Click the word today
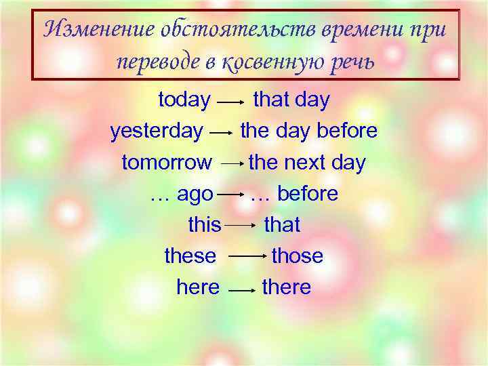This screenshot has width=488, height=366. (184, 100)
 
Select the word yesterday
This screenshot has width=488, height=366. (156, 131)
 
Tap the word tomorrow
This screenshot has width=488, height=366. (167, 163)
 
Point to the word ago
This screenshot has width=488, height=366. (195, 195)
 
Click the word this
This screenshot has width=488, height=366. (205, 225)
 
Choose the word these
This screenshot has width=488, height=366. (190, 256)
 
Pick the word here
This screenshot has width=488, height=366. (198, 287)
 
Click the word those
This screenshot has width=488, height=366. (297, 256)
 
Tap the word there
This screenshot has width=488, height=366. (286, 287)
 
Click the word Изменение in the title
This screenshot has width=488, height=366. (100, 28)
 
